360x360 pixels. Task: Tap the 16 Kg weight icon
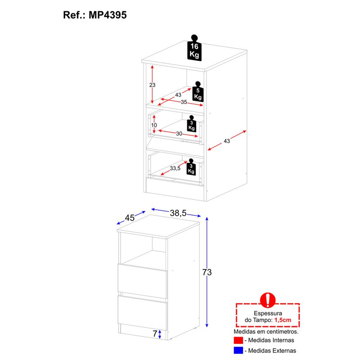click(194, 49)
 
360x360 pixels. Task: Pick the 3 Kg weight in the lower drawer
click(191, 167)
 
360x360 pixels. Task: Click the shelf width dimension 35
click(184, 102)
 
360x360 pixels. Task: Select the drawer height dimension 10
click(153, 125)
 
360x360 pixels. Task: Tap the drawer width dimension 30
click(179, 133)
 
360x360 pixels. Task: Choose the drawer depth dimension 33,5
click(175, 168)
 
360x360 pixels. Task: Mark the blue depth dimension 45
click(130, 218)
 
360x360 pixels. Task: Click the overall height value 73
click(207, 272)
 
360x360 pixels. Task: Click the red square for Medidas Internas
click(238, 340)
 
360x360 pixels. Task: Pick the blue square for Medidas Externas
click(238, 351)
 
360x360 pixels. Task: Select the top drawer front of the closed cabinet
click(142, 279)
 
